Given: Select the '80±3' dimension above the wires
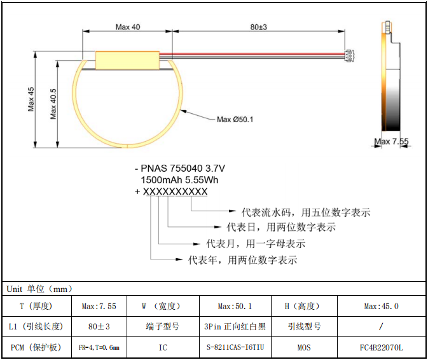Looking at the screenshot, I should pos(258,27).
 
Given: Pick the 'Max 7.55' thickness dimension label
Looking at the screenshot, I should pos(391,141).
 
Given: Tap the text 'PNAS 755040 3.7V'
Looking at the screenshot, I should pos(184,169).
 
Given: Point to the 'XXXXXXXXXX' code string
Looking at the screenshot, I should pos(175,191).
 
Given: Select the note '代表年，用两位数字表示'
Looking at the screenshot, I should pos(243,260).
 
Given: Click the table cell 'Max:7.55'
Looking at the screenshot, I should pos(99,306).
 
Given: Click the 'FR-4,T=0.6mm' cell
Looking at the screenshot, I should pos(99,348).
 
